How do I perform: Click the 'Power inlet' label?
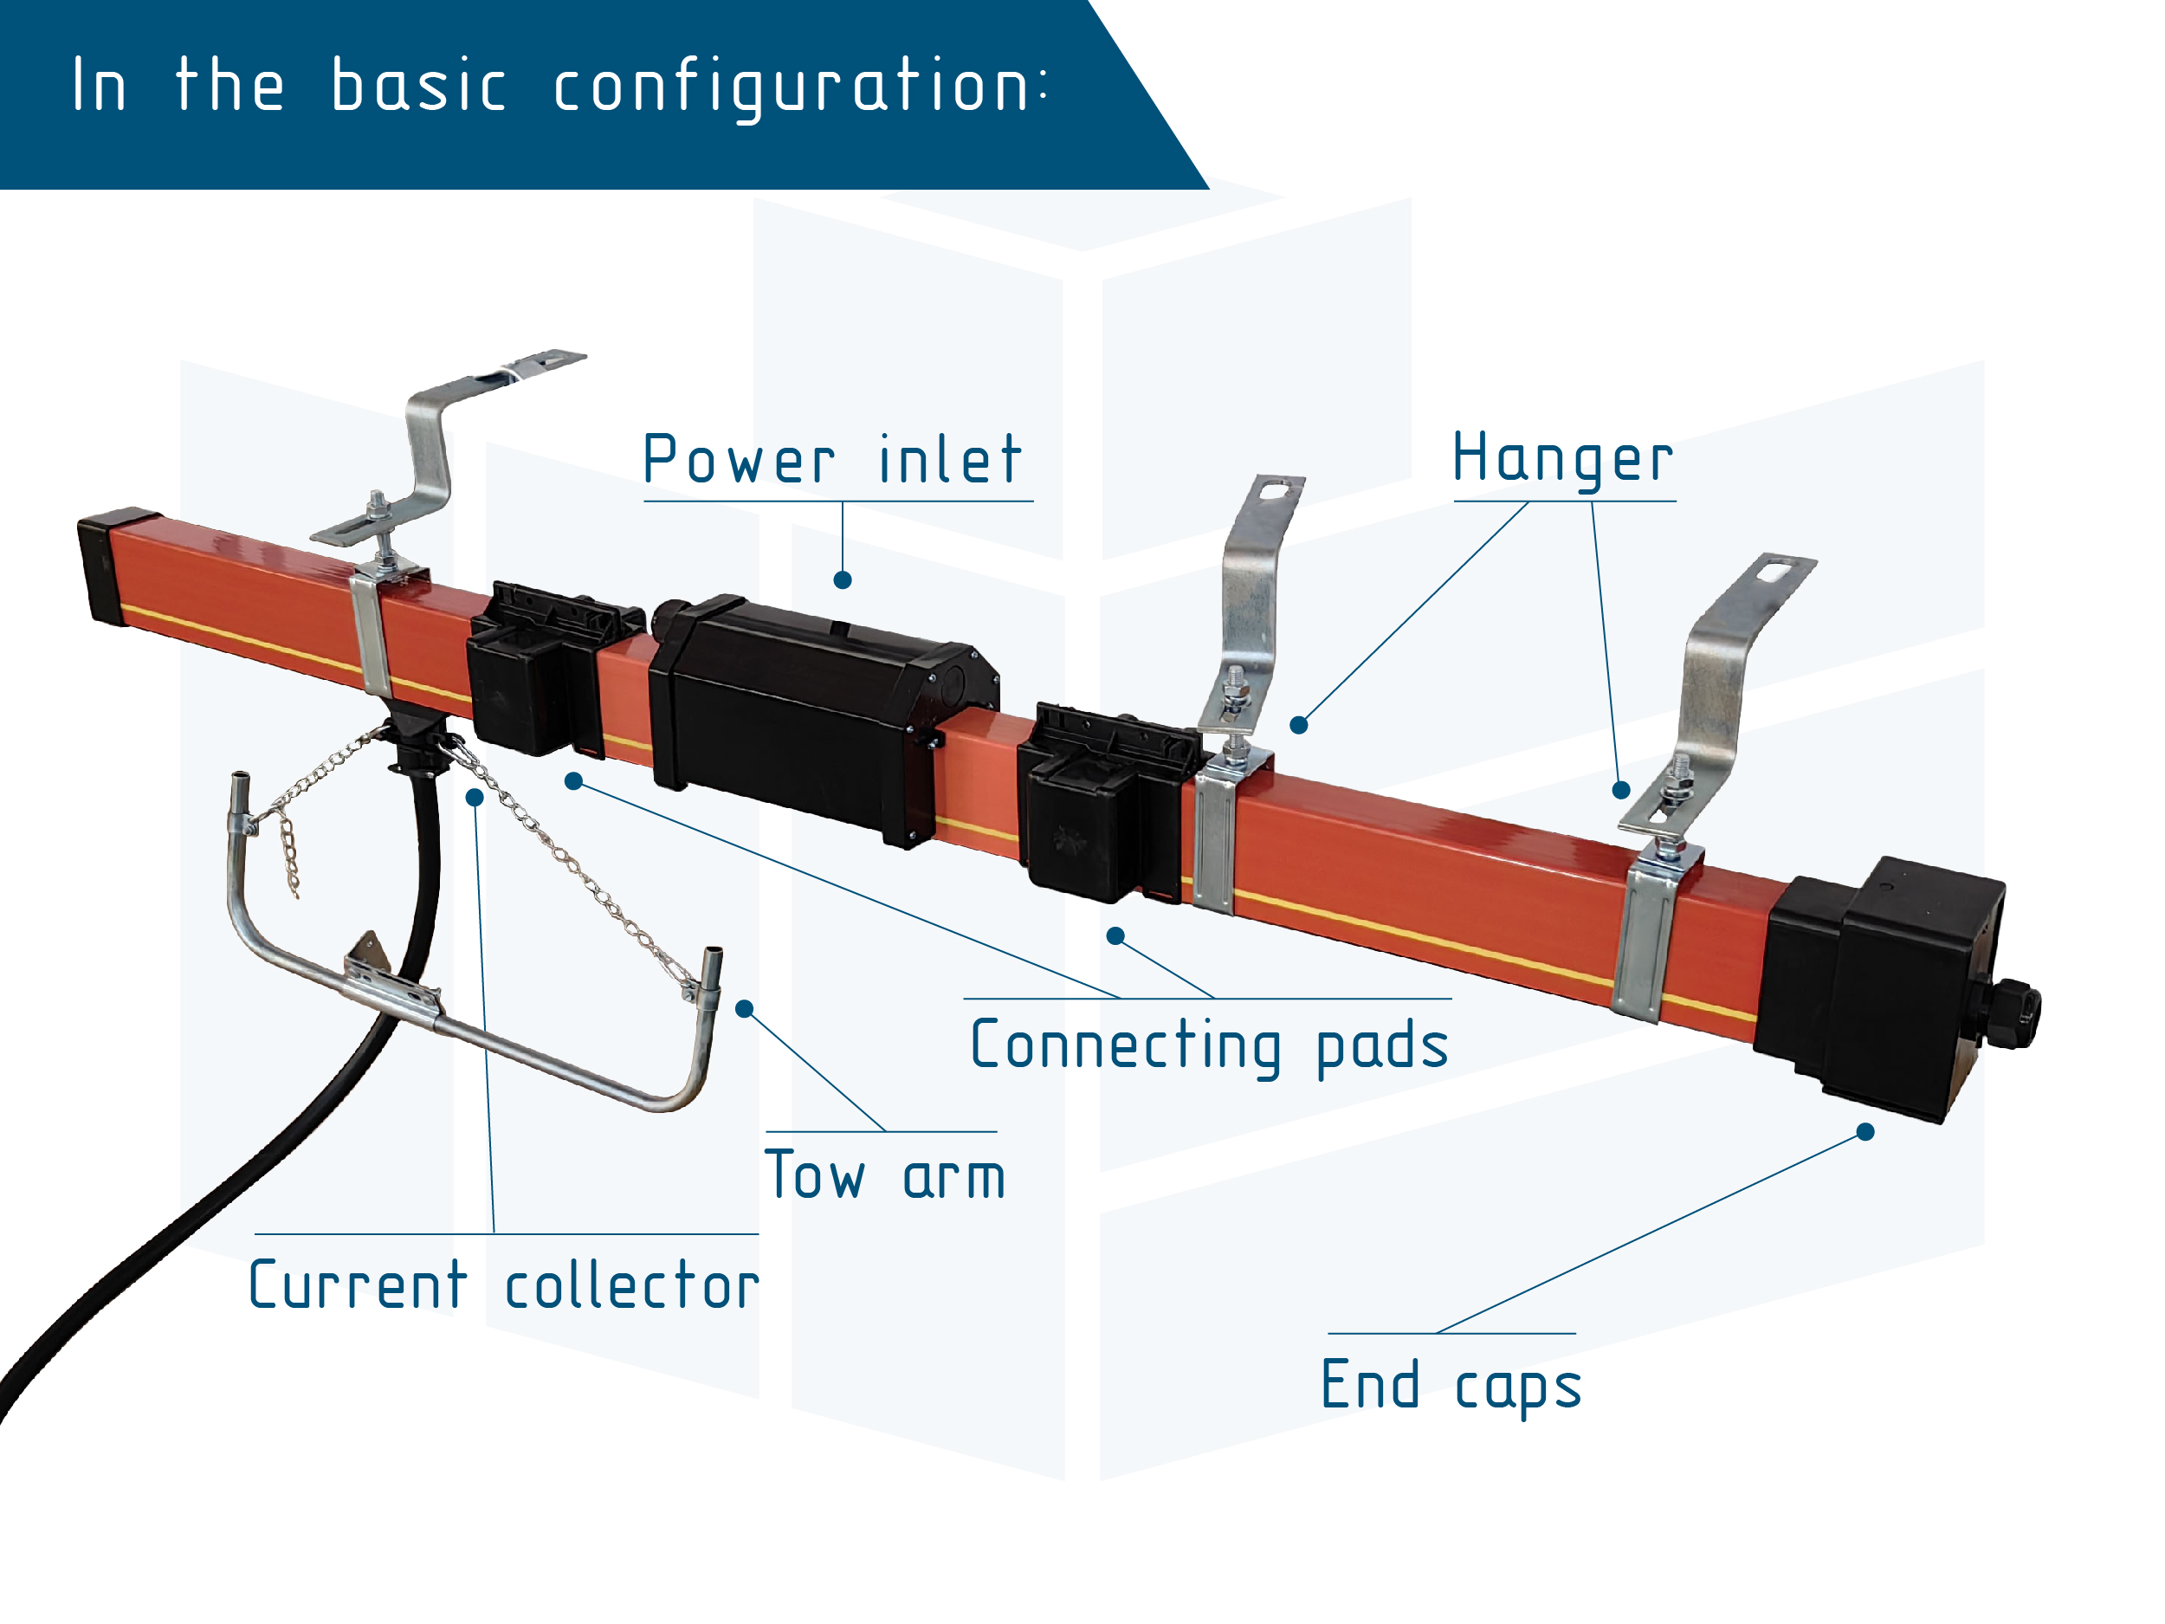click(x=833, y=459)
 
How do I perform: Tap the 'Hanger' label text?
click(x=1562, y=459)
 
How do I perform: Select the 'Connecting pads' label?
click(x=1209, y=1046)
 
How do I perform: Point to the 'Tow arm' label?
click(x=885, y=1175)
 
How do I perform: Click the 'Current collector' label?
click(x=504, y=1285)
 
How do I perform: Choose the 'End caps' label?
click(x=1451, y=1386)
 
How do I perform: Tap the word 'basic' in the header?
click(x=419, y=86)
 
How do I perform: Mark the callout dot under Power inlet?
click(x=843, y=580)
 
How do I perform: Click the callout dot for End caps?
click(x=1865, y=1133)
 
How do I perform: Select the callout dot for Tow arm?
click(x=745, y=1009)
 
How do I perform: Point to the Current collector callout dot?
click(x=475, y=798)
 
